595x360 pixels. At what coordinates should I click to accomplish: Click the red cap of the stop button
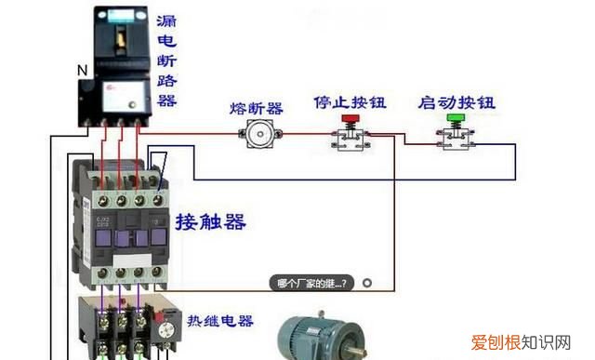point(351,119)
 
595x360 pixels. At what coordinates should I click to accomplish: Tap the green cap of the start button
point(455,119)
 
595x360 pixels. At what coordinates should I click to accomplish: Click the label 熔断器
point(256,108)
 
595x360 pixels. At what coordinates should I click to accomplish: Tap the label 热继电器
point(218,321)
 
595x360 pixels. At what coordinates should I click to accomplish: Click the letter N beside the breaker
point(81,70)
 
